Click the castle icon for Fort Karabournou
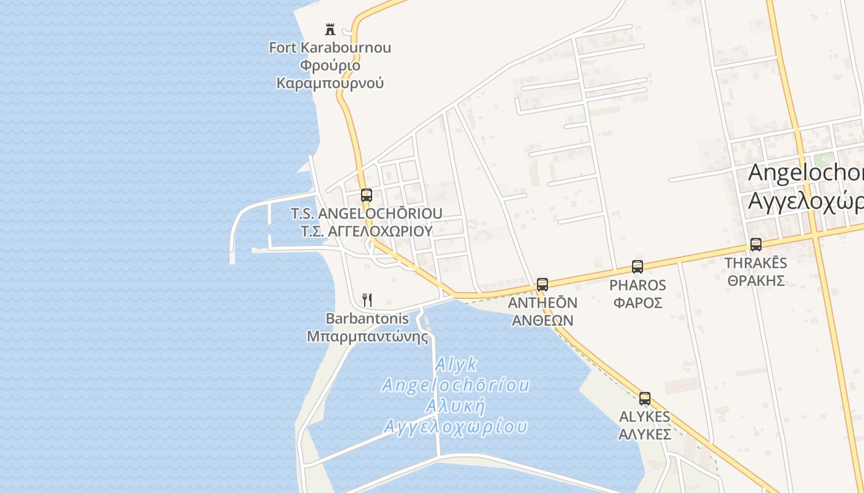coord(330,29)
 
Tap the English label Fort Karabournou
coord(330,47)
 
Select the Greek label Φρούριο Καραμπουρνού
coord(330,74)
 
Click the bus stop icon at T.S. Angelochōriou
coord(367,195)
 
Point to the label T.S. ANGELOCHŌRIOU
coord(367,213)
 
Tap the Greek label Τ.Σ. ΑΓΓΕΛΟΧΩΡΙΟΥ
coord(367,231)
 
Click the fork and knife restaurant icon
coord(367,300)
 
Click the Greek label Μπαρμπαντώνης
coord(367,336)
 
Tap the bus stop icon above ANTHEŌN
coord(542,284)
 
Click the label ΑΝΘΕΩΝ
coord(542,320)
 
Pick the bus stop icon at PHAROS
coord(638,267)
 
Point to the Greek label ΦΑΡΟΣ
coord(638,303)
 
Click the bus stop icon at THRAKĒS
coord(756,245)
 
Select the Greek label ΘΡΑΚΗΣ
coord(756,281)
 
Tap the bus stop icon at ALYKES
coord(645,399)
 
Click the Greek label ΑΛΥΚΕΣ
coord(645,434)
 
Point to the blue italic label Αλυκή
coord(455,406)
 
